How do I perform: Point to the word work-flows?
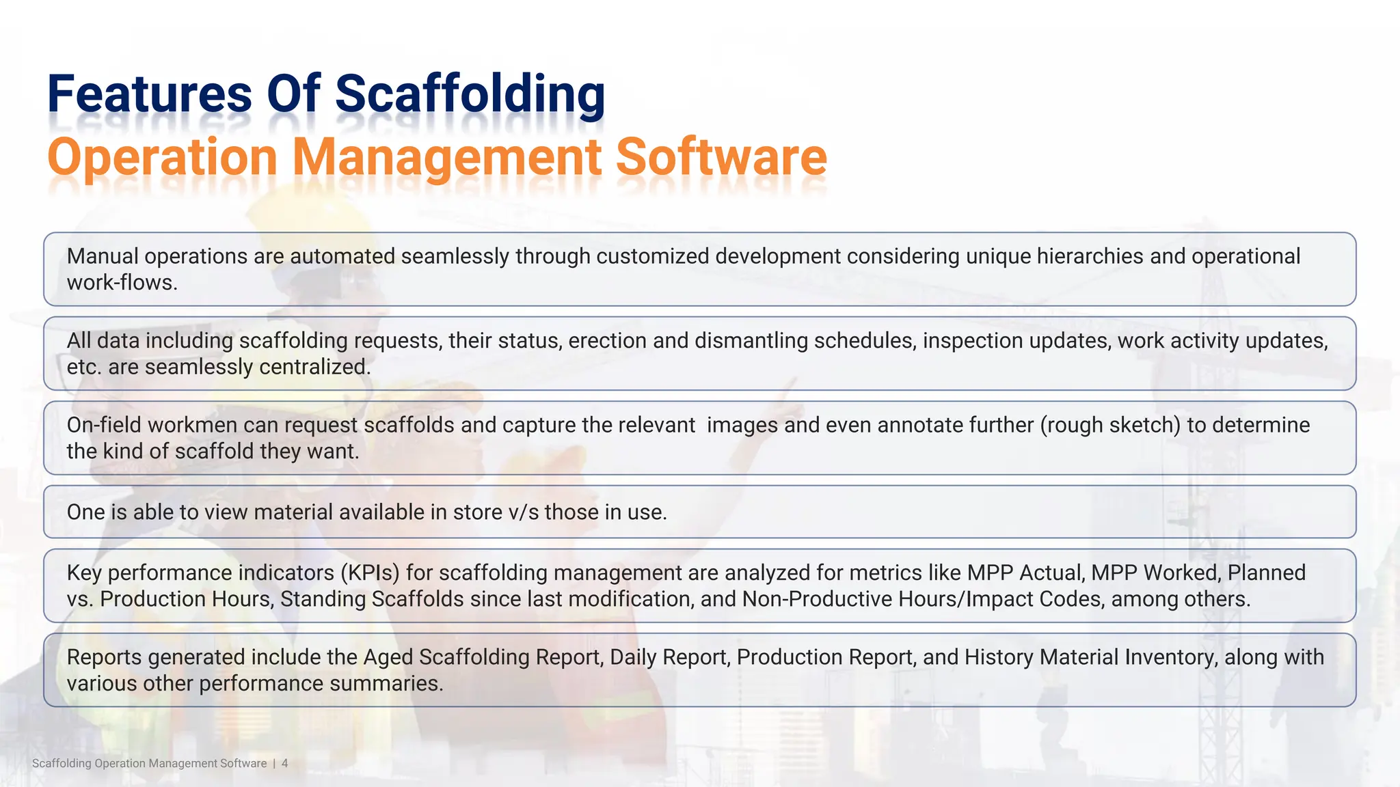click(x=122, y=283)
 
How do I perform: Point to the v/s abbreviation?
click(x=524, y=512)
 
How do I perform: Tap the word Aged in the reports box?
click(x=388, y=657)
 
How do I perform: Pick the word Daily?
click(x=633, y=657)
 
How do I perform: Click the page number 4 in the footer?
click(x=285, y=763)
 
